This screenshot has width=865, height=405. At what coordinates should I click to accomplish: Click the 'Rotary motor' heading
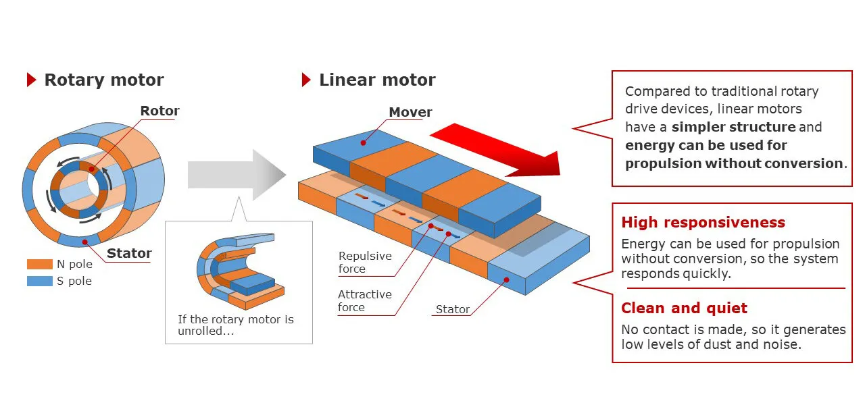click(x=103, y=80)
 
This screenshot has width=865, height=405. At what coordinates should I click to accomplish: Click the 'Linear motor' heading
click(x=377, y=80)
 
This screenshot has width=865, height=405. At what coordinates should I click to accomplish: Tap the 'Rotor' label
click(x=159, y=111)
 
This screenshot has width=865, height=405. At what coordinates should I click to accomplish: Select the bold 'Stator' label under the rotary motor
click(x=129, y=253)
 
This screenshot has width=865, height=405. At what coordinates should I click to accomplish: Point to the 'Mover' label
click(x=410, y=112)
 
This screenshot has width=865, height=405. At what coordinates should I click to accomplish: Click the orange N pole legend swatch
click(x=39, y=265)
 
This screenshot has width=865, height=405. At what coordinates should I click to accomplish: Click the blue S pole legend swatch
click(x=39, y=281)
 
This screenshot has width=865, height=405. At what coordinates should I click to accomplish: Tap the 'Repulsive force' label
click(x=365, y=263)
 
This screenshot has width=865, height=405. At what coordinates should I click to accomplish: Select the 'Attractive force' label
click(x=365, y=300)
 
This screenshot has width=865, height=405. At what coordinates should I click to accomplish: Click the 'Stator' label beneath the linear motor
click(x=452, y=309)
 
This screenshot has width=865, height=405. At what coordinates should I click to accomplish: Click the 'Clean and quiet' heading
click(x=684, y=308)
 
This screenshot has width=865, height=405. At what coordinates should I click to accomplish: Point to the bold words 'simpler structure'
click(x=733, y=127)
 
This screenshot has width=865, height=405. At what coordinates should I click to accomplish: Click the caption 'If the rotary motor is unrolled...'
click(x=236, y=325)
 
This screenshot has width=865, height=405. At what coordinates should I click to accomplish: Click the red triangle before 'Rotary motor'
click(x=31, y=80)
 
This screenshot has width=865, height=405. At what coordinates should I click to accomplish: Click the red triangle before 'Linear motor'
click(x=306, y=80)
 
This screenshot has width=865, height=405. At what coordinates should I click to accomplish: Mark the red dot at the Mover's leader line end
click(x=364, y=142)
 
